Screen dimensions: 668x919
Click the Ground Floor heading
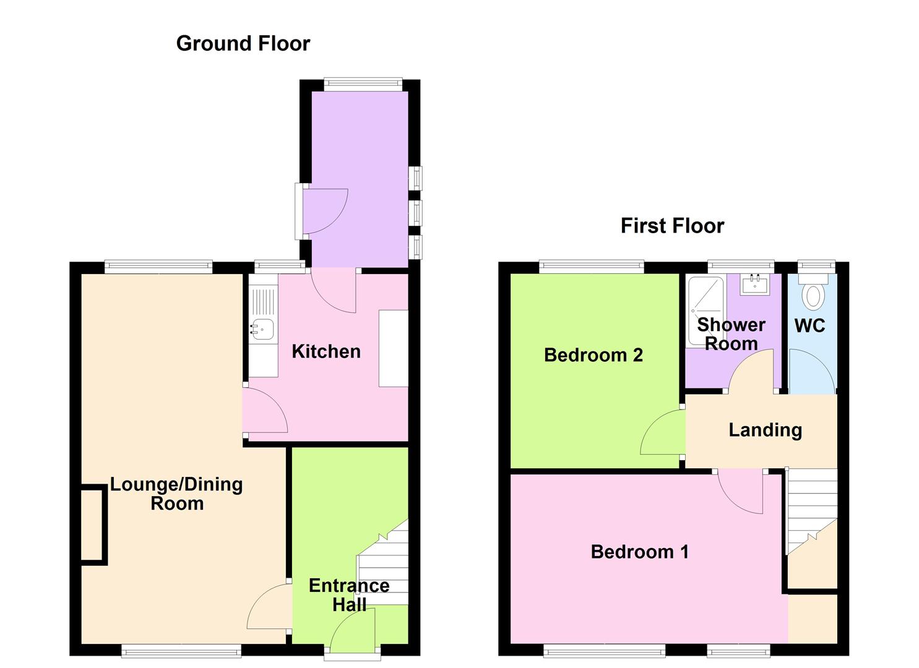coord(243,43)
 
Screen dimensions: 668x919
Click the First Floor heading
coord(672,226)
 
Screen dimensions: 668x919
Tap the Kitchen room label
coord(326,351)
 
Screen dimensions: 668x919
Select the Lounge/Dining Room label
coord(176,494)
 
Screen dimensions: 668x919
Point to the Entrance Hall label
coord(349,595)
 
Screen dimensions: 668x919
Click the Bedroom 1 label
coord(639,552)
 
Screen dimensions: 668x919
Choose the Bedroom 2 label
coord(593,355)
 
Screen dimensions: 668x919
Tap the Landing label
coord(765,430)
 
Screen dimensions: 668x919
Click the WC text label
coord(809,325)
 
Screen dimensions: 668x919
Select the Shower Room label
coord(731,334)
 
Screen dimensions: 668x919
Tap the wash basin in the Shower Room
coord(755,285)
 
